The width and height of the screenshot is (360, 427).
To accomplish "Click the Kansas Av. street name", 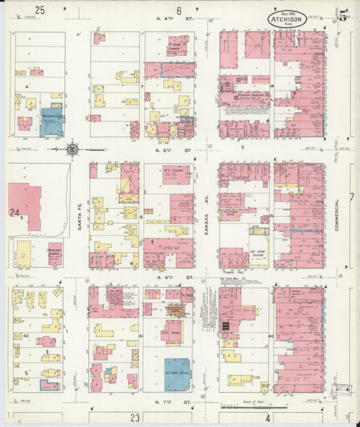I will [x=207, y=218].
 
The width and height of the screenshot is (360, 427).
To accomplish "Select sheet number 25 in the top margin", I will [x=40, y=9].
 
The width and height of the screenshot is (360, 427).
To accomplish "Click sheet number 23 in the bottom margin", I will [x=135, y=418].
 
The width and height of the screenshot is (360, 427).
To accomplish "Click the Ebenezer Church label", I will [x=55, y=250].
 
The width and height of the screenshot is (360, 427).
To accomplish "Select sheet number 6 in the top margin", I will [x=180, y=10].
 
